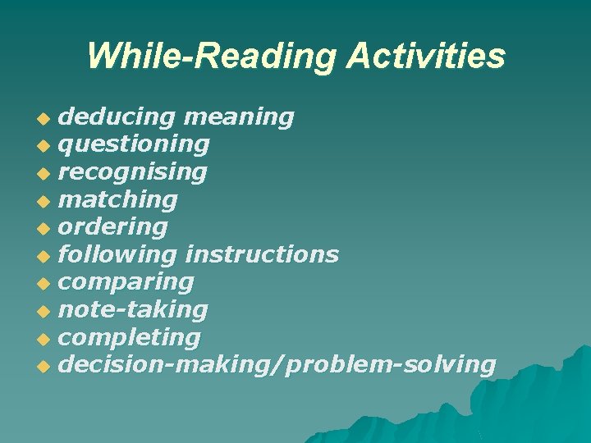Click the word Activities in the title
tap(426, 57)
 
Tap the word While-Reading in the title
tap(211, 57)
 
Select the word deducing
tap(117, 117)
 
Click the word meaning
tap(240, 117)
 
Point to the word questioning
tap(134, 145)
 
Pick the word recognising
tap(132, 172)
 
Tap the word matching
tap(118, 200)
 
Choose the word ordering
tap(113, 227)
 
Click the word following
tap(117, 255)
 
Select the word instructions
tap(263, 255)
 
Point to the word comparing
tap(126, 283)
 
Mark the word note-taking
tap(133, 310)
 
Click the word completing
tap(129, 338)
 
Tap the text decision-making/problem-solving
tap(277, 365)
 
